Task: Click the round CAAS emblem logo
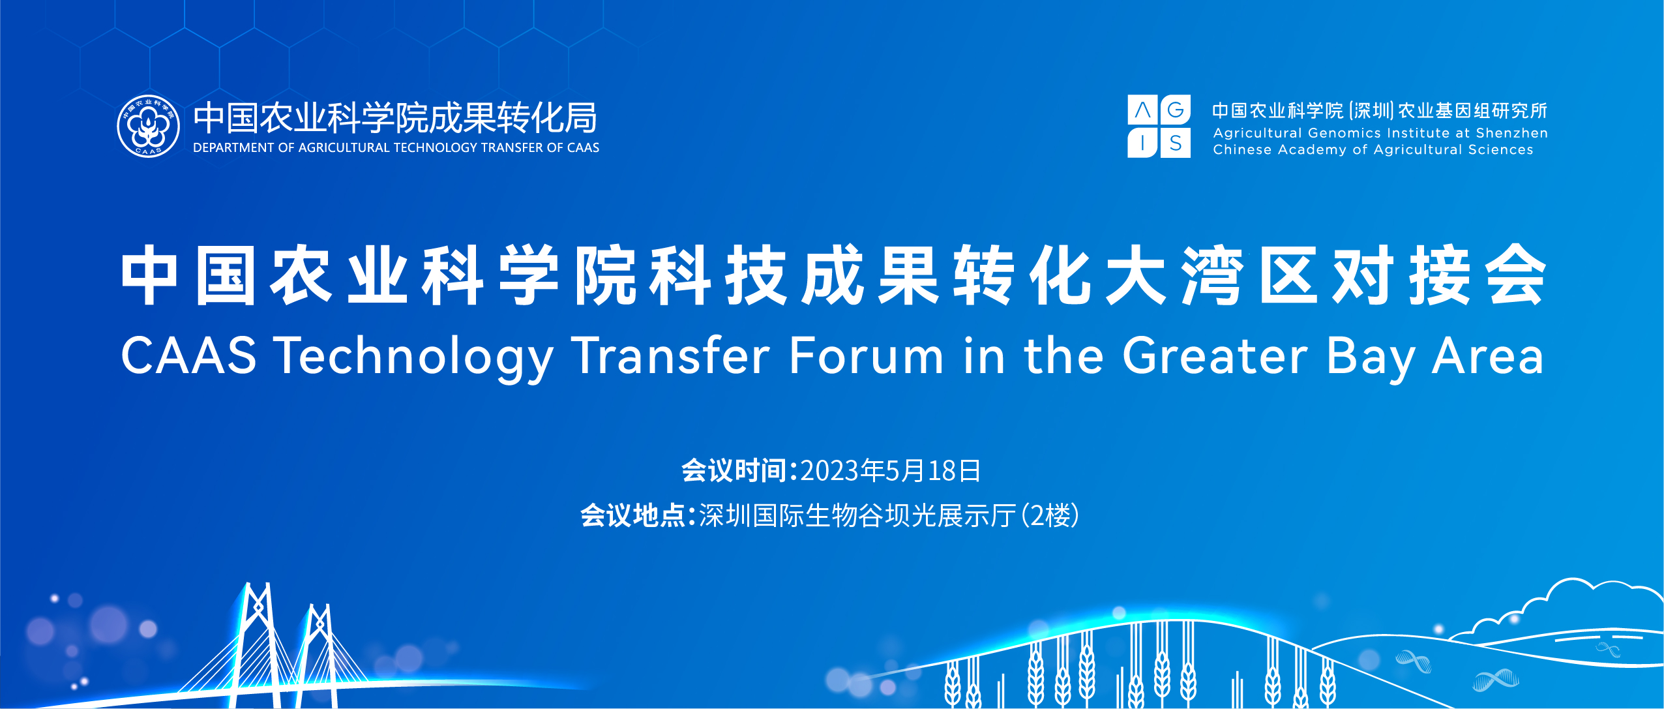click(x=149, y=126)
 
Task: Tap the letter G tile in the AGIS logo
click(x=1176, y=110)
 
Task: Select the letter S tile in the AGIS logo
click(x=1176, y=143)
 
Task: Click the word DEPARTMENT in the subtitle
click(x=234, y=148)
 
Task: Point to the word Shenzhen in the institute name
click(x=1511, y=133)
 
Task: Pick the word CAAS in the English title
click(x=189, y=355)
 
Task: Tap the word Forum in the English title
click(x=866, y=355)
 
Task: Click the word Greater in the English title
click(x=1215, y=355)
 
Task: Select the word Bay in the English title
click(x=1371, y=359)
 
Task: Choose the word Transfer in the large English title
click(x=671, y=355)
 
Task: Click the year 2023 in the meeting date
click(x=829, y=471)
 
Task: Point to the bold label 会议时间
click(x=734, y=471)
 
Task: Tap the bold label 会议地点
click(x=633, y=515)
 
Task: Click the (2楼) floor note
click(x=1049, y=515)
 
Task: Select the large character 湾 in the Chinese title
click(x=1212, y=275)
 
